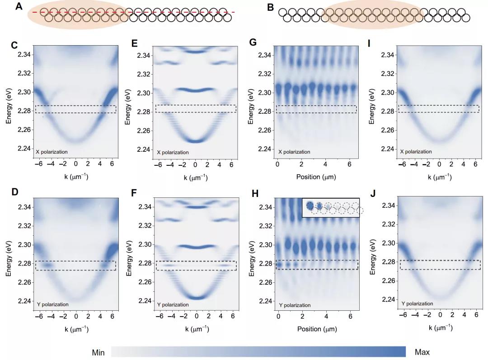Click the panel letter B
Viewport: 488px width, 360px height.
click(271, 7)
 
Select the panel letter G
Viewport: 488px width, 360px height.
click(253, 43)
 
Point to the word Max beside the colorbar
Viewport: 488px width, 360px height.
click(422, 352)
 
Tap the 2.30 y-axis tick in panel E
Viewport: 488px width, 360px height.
click(144, 93)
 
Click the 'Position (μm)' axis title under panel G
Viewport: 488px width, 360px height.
click(316, 177)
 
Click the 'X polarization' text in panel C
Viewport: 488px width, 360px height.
click(52, 152)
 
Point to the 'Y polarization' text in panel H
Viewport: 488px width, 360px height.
click(294, 305)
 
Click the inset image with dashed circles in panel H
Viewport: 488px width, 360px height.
click(331, 208)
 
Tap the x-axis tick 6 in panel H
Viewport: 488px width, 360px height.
click(350, 317)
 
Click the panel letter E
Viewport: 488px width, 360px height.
click(135, 44)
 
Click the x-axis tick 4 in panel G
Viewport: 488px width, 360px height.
click(326, 165)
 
